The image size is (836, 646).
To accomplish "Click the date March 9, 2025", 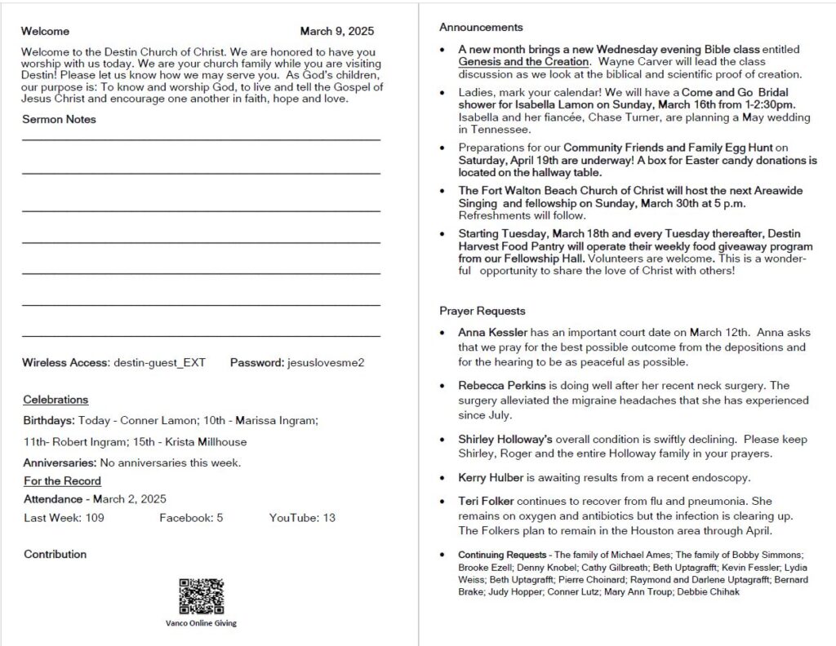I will point(336,32).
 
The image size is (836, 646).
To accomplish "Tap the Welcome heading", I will point(46,32).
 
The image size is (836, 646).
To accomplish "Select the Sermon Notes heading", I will point(59,119).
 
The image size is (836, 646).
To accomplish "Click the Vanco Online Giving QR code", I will point(201,596).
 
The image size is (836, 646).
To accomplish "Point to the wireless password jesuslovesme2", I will point(326,362).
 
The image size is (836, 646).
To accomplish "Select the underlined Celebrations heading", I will point(56,400).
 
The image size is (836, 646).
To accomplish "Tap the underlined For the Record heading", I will point(62,481).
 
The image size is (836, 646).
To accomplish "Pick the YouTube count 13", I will point(329,518).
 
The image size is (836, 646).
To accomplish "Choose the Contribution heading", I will point(55,555).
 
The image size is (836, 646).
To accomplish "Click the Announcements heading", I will point(481,27).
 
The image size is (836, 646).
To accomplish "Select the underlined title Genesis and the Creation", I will point(522,62).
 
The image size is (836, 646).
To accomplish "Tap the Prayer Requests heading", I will point(482,311).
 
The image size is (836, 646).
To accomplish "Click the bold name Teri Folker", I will point(486,501).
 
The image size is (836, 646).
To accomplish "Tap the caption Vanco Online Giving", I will point(201,623).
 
